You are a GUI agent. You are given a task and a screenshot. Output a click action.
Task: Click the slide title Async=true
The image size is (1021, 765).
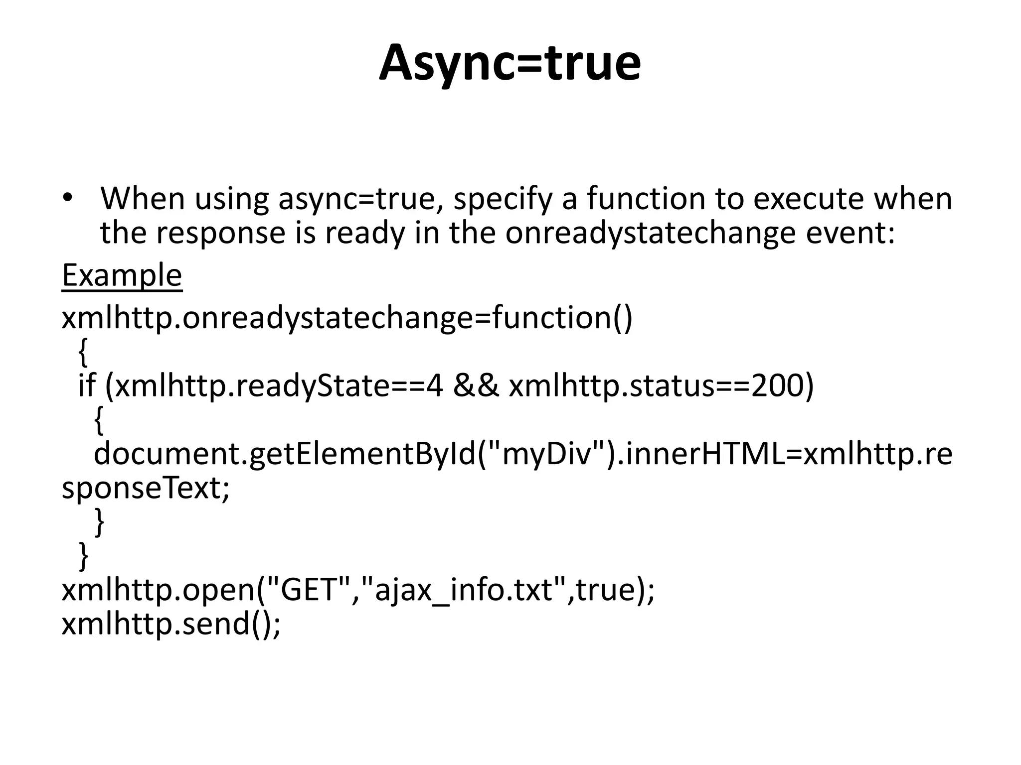coord(510,64)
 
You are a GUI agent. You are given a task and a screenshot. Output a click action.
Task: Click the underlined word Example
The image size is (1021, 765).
coord(122,275)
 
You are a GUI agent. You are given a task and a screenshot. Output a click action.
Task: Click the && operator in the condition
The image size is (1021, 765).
coord(476,385)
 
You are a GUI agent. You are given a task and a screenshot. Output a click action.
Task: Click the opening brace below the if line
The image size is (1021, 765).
coord(99,420)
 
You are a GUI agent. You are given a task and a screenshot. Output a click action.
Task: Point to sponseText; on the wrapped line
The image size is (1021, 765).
coord(146,488)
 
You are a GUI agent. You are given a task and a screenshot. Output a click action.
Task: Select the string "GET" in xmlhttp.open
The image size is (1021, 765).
coord(310,590)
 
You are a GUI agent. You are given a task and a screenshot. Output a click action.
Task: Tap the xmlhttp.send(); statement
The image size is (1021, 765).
coord(171,623)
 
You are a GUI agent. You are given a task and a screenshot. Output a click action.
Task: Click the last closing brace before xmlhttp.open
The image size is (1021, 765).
coord(84,556)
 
